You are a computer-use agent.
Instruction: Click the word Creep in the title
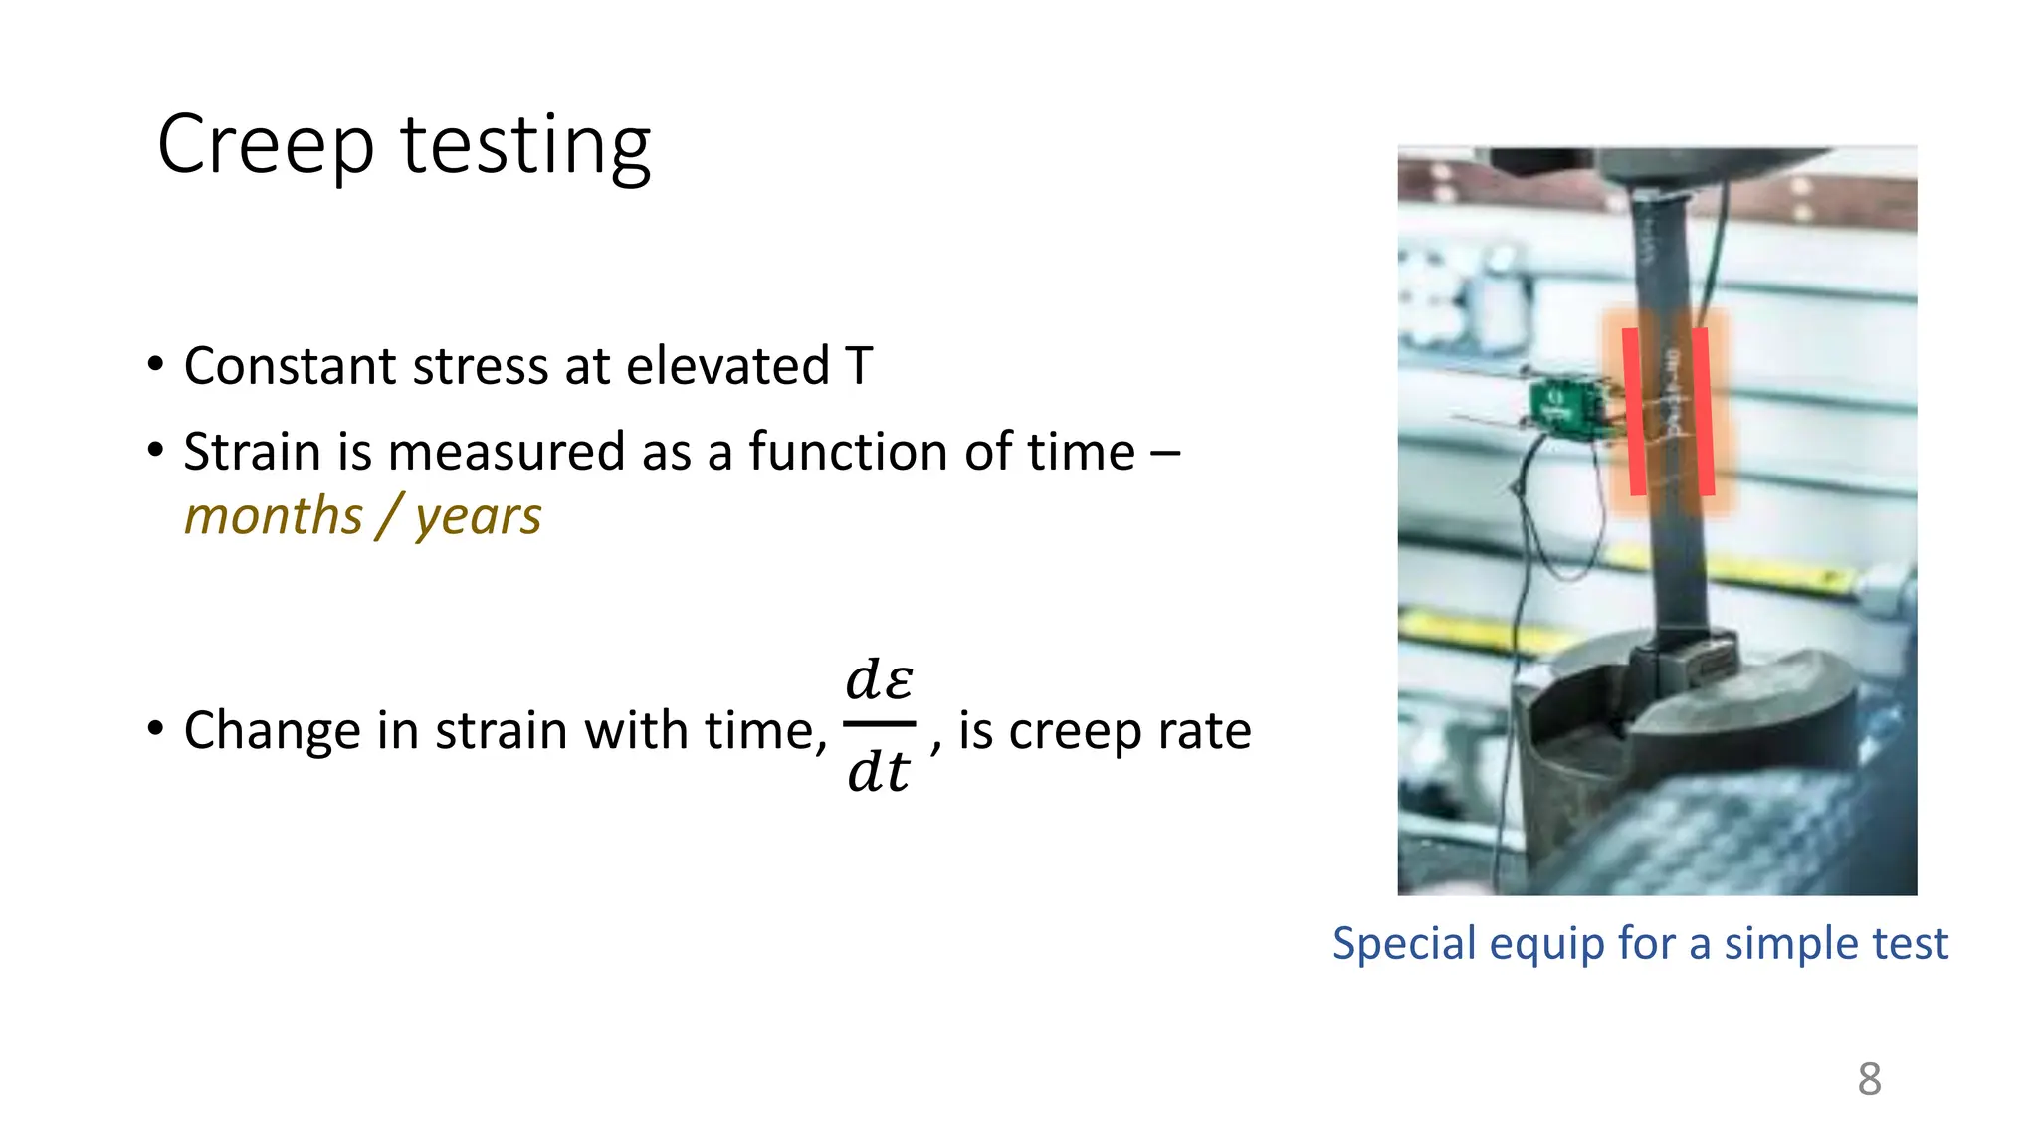coord(265,145)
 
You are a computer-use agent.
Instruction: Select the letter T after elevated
coord(858,366)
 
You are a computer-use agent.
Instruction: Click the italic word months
coord(274,516)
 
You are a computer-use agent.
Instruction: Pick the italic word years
coord(478,518)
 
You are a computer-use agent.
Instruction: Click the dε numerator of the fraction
coord(879,679)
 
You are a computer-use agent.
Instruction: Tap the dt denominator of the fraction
coord(878,771)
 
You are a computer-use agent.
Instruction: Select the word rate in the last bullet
coord(1210,731)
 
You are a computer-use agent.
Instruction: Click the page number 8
coord(1869,1079)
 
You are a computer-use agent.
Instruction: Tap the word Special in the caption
coord(1403,943)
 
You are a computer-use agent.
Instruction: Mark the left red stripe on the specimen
coord(1634,412)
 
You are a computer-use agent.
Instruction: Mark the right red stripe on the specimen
coord(1704,412)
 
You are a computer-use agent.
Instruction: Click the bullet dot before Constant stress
coord(155,364)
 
